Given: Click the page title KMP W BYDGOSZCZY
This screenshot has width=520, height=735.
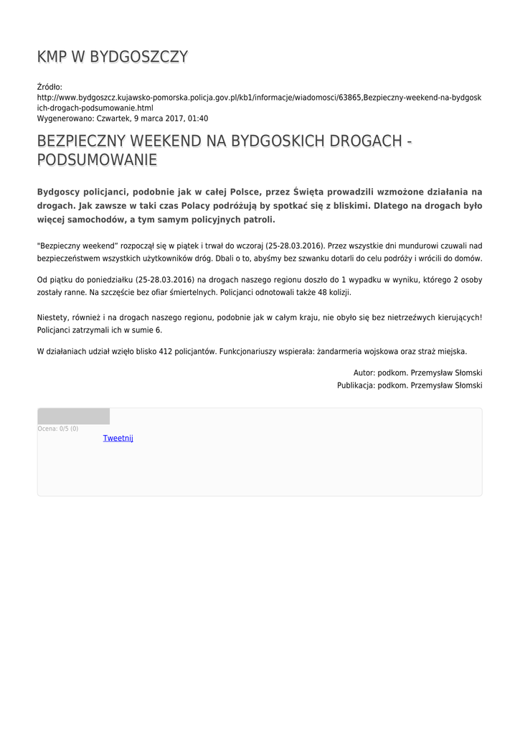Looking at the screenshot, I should tap(113, 57).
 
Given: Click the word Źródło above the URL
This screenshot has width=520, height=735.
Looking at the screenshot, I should tap(49, 87).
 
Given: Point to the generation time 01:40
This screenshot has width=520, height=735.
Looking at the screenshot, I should tap(198, 118).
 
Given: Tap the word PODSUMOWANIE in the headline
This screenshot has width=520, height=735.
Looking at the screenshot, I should tap(97, 160).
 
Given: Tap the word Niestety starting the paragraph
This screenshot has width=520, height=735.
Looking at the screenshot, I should tap(52, 317).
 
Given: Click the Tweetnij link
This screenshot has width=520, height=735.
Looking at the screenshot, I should tap(118, 438).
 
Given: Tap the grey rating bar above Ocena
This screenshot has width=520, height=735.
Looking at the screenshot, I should tap(73, 416).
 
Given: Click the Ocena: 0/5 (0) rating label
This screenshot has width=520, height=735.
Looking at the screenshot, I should tap(58, 429).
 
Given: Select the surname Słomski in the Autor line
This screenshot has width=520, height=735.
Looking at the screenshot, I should tap(465, 373).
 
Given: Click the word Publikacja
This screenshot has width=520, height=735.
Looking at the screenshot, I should tap(356, 385).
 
